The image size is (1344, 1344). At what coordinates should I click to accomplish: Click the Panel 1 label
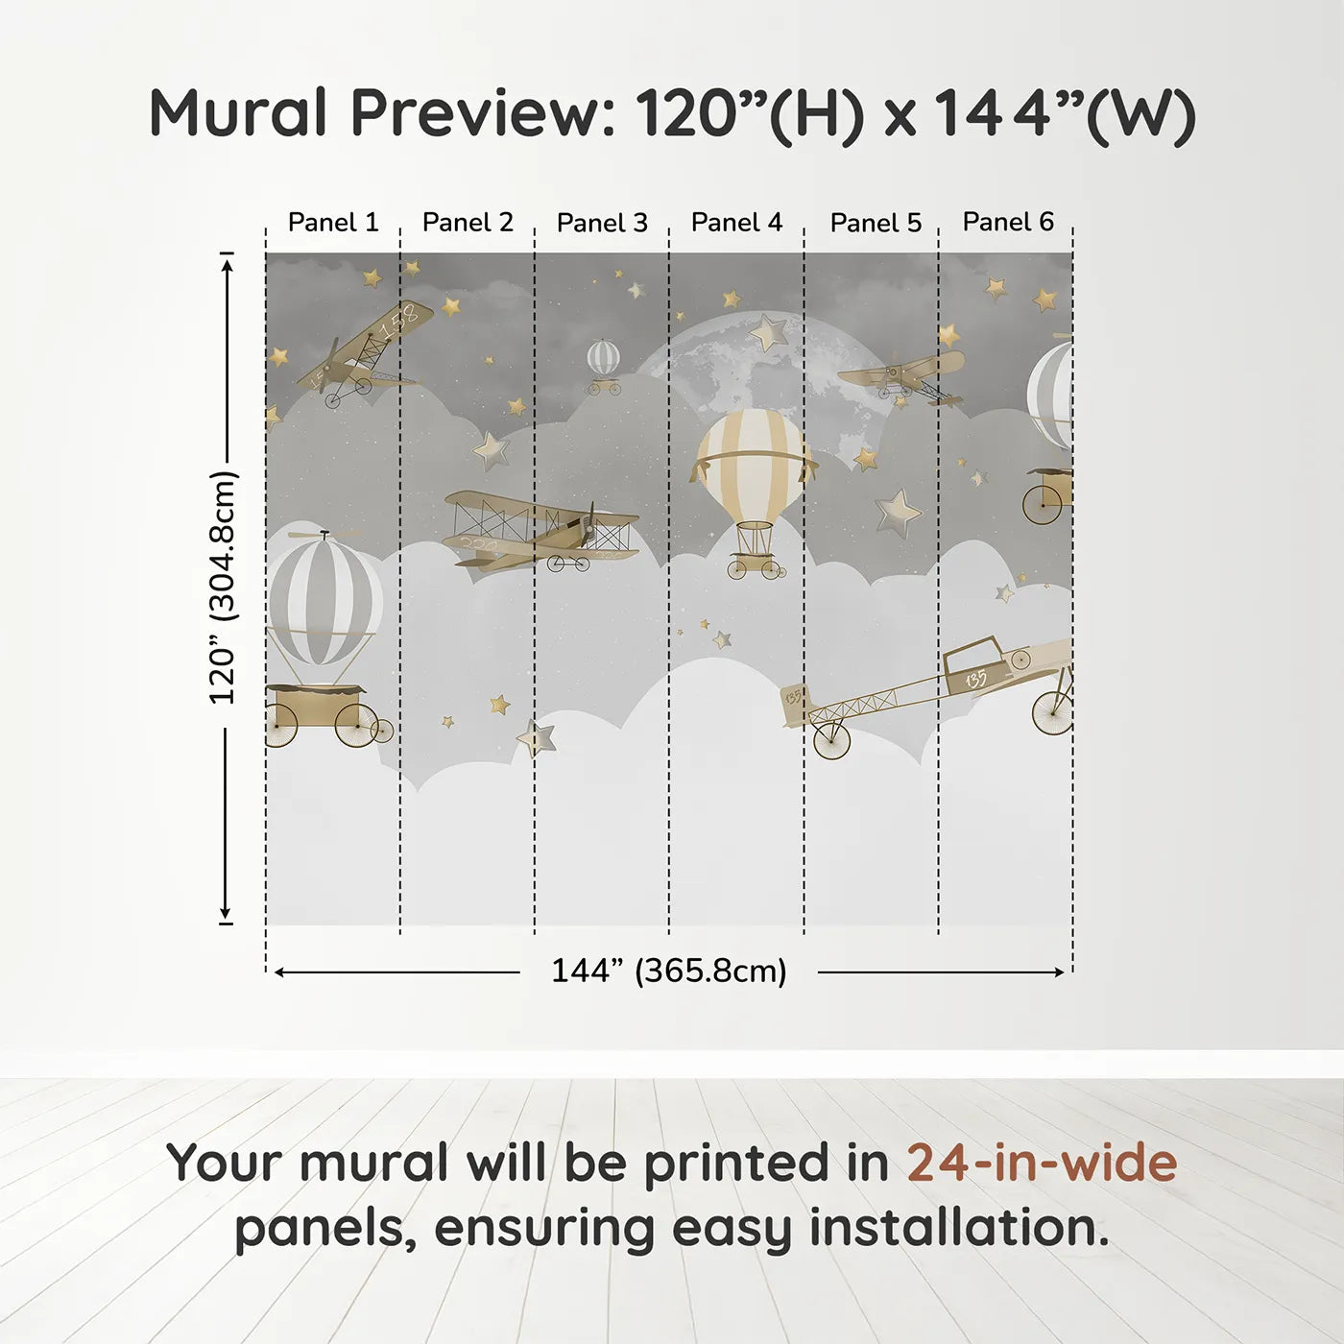333,223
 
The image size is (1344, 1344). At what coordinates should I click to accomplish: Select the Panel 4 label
736,223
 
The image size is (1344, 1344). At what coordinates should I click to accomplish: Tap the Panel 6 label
1008,221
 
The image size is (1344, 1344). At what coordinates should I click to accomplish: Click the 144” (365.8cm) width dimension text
669,971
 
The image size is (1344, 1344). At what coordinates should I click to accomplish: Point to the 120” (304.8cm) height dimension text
224,588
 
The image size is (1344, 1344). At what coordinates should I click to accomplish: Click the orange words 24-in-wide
1042,1163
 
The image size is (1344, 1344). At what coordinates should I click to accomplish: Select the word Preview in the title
483,113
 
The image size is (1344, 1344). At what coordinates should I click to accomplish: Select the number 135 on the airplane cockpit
976,678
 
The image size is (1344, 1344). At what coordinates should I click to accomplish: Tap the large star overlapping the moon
769,333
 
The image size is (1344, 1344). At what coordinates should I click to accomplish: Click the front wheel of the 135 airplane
831,741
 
